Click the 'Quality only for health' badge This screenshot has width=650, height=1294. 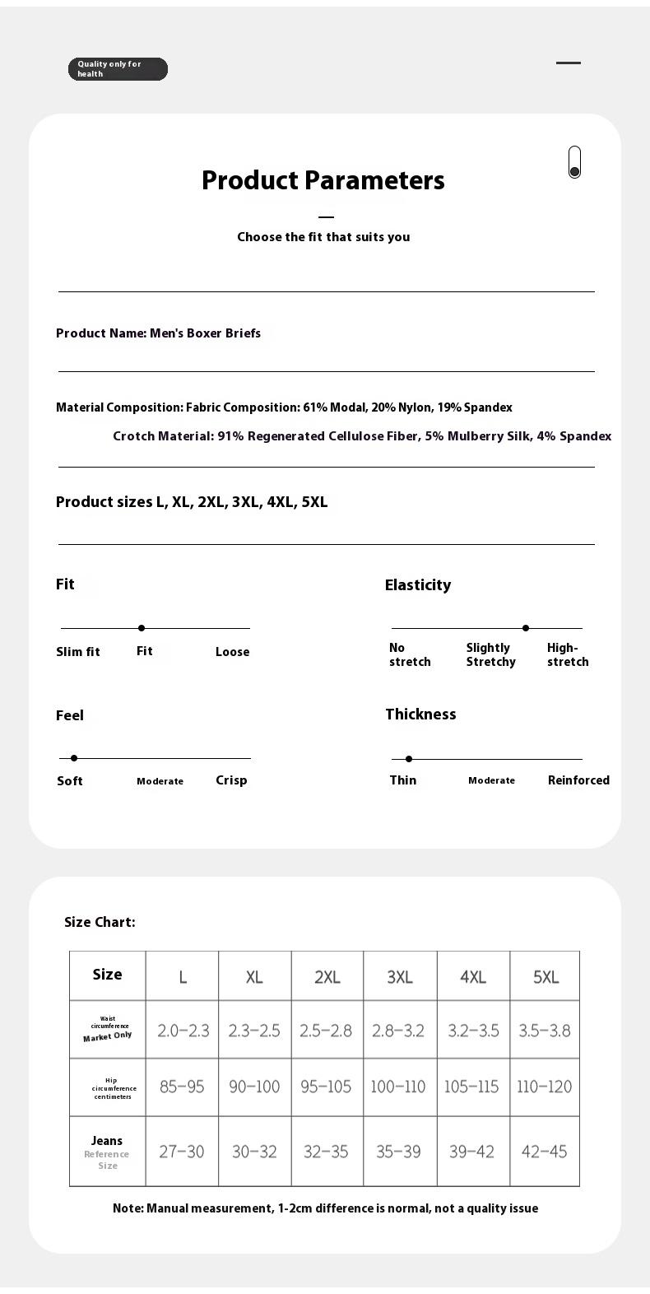click(x=118, y=69)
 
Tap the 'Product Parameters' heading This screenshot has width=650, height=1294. click(x=323, y=180)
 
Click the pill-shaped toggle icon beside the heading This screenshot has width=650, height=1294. click(x=574, y=162)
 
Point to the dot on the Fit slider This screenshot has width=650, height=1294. click(x=142, y=628)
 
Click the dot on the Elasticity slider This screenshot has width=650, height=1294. click(x=526, y=628)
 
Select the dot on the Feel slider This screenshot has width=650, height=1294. click(x=74, y=758)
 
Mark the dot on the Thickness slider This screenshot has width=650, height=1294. click(x=409, y=759)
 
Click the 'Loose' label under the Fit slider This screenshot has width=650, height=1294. click(x=232, y=652)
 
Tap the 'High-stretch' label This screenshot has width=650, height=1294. click(x=568, y=654)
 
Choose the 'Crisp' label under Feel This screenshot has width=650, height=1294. click(x=231, y=780)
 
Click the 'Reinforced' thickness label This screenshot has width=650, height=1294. click(x=578, y=780)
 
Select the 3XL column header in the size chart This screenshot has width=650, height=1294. click(x=400, y=977)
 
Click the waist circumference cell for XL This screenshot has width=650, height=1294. click(x=254, y=1031)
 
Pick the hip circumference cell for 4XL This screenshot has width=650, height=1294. click(x=471, y=1087)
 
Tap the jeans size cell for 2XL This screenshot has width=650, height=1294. click(x=327, y=1152)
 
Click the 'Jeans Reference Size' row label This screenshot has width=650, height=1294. click(x=107, y=1152)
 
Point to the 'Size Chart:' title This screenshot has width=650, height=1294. click(x=100, y=922)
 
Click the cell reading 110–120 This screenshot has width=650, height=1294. click(x=544, y=1087)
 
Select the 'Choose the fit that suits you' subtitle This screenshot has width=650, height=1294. click(x=323, y=237)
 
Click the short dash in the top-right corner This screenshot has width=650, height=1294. click(x=569, y=63)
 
